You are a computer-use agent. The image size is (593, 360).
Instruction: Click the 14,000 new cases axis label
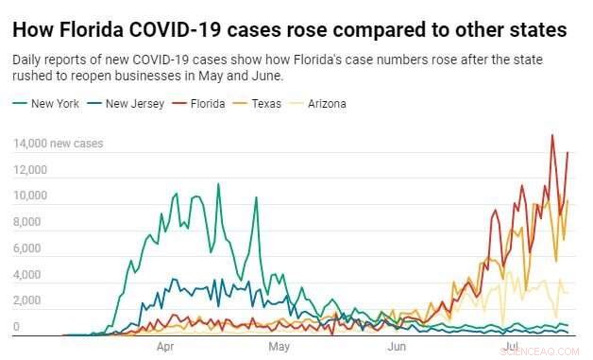[x=58, y=145]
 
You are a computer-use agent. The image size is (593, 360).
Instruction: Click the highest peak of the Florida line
[x=552, y=135]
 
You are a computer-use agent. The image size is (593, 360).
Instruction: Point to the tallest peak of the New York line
[x=218, y=183]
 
